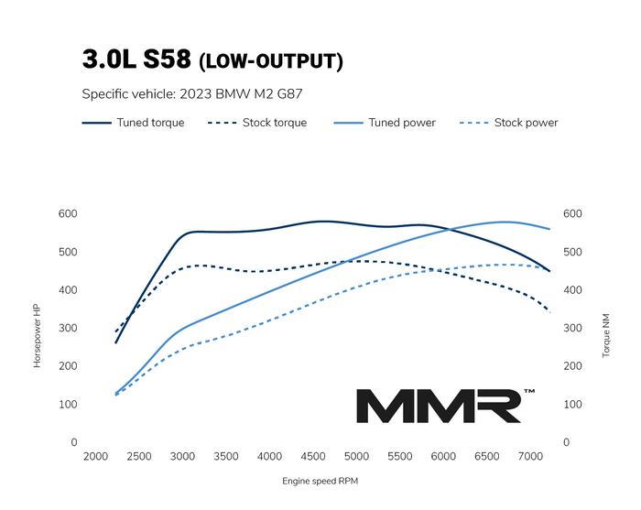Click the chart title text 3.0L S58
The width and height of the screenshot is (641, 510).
136,60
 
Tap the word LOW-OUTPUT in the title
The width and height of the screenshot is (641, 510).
271,62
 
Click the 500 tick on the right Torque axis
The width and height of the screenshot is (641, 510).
572,252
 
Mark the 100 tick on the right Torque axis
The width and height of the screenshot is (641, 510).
572,404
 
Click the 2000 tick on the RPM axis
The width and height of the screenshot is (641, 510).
95,457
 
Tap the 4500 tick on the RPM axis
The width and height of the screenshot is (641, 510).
313,457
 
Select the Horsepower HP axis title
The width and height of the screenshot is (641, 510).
38,336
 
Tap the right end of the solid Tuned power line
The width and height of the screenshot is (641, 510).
549,229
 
